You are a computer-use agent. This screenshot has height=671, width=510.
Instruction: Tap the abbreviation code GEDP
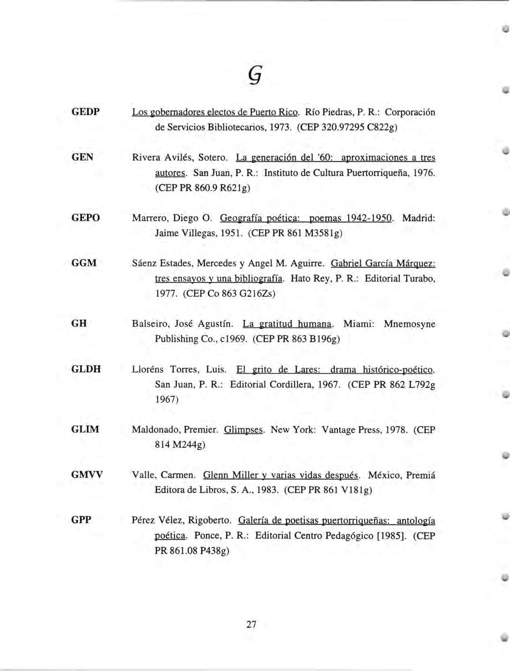tap(85, 111)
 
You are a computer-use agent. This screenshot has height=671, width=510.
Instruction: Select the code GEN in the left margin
tap(82, 157)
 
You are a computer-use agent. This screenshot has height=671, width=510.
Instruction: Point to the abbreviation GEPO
tap(85, 218)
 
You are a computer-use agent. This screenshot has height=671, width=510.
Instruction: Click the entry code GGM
tap(84, 263)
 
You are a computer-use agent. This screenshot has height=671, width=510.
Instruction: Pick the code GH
tap(79, 323)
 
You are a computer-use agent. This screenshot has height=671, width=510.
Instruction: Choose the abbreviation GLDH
tap(86, 369)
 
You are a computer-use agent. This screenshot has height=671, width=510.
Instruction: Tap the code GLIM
tap(85, 429)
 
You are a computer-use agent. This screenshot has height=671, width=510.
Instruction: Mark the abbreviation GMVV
tap(87, 475)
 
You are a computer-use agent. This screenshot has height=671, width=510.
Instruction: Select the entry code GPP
tap(81, 520)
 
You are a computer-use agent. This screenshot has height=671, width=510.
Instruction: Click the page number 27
tap(251, 624)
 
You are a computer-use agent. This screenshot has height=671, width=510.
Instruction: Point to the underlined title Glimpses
tap(243, 430)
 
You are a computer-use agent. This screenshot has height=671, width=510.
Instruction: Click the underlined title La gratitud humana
tap(287, 324)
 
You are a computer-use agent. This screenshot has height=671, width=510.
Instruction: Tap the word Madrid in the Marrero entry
tap(419, 218)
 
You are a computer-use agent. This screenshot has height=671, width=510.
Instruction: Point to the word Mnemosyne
tap(409, 324)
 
